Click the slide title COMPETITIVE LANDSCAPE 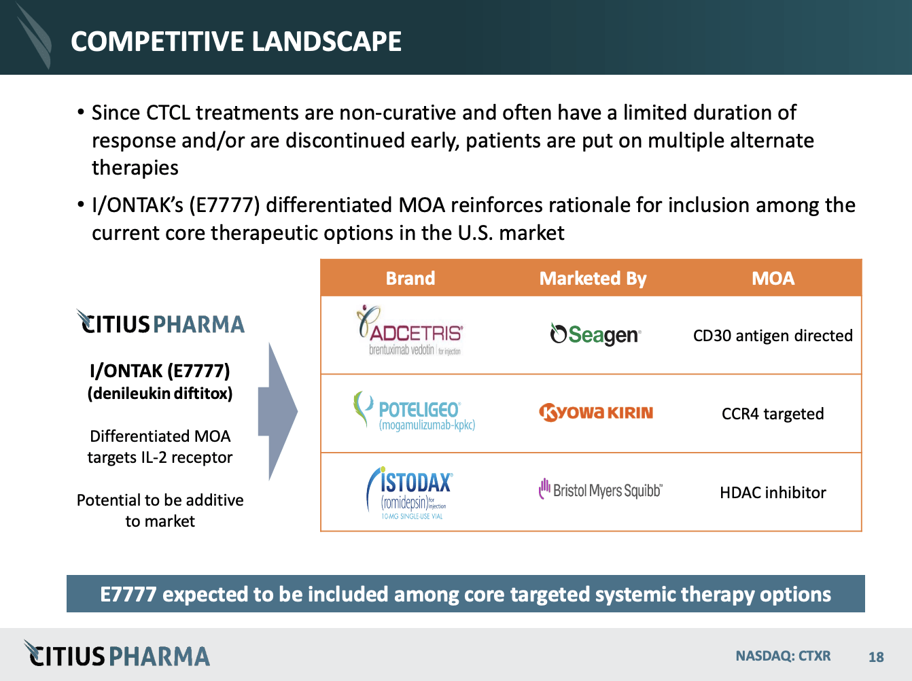click(236, 41)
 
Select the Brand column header click(410, 278)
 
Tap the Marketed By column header click(593, 278)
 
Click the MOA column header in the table click(773, 278)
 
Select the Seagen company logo click(595, 334)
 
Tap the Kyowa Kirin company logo click(596, 413)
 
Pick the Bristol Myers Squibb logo click(600, 490)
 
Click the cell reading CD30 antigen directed click(773, 336)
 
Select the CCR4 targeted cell click(773, 414)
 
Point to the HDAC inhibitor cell click(773, 493)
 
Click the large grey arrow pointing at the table click(281, 411)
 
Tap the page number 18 click(876, 657)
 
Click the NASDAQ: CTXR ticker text click(783, 656)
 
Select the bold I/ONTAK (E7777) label click(160, 371)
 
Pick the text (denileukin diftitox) click(160, 394)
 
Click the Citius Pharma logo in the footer click(117, 655)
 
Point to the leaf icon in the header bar click(34, 35)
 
